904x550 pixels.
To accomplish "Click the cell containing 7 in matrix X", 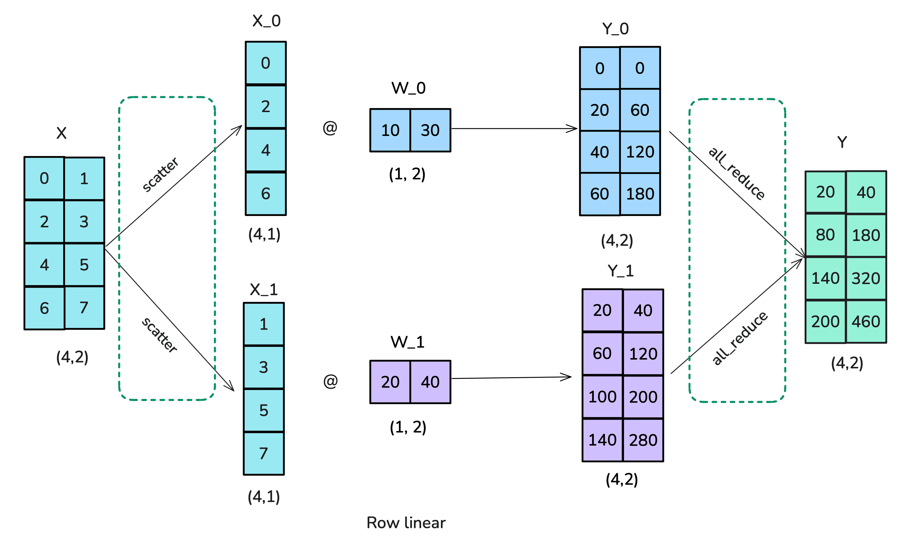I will coord(84,307).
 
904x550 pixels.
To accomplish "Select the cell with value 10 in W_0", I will coord(390,130).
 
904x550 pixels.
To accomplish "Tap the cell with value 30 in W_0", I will coord(430,130).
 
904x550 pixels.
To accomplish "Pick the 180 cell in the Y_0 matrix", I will coord(640,194).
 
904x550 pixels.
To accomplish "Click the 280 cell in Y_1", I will coord(643,440).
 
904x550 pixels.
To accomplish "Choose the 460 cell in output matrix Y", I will coord(866,322).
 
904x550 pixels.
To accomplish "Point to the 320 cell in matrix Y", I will coord(866,278).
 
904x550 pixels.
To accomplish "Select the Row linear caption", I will coord(406,522).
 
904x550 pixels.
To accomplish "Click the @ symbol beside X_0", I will coord(330,128).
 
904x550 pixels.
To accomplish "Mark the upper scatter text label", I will coord(160,174).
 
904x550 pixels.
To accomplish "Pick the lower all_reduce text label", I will coord(739,338).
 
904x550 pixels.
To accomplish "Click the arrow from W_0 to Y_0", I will coord(514,129).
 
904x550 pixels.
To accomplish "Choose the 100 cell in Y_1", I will coord(602,397).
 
